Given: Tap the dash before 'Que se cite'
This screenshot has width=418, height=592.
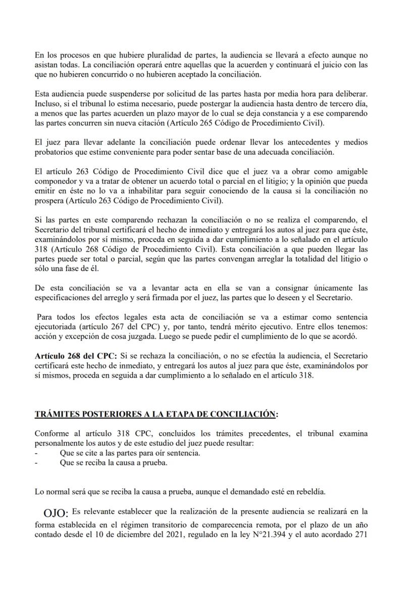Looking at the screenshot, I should [37, 452].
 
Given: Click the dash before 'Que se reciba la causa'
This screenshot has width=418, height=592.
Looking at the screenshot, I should [37, 462].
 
